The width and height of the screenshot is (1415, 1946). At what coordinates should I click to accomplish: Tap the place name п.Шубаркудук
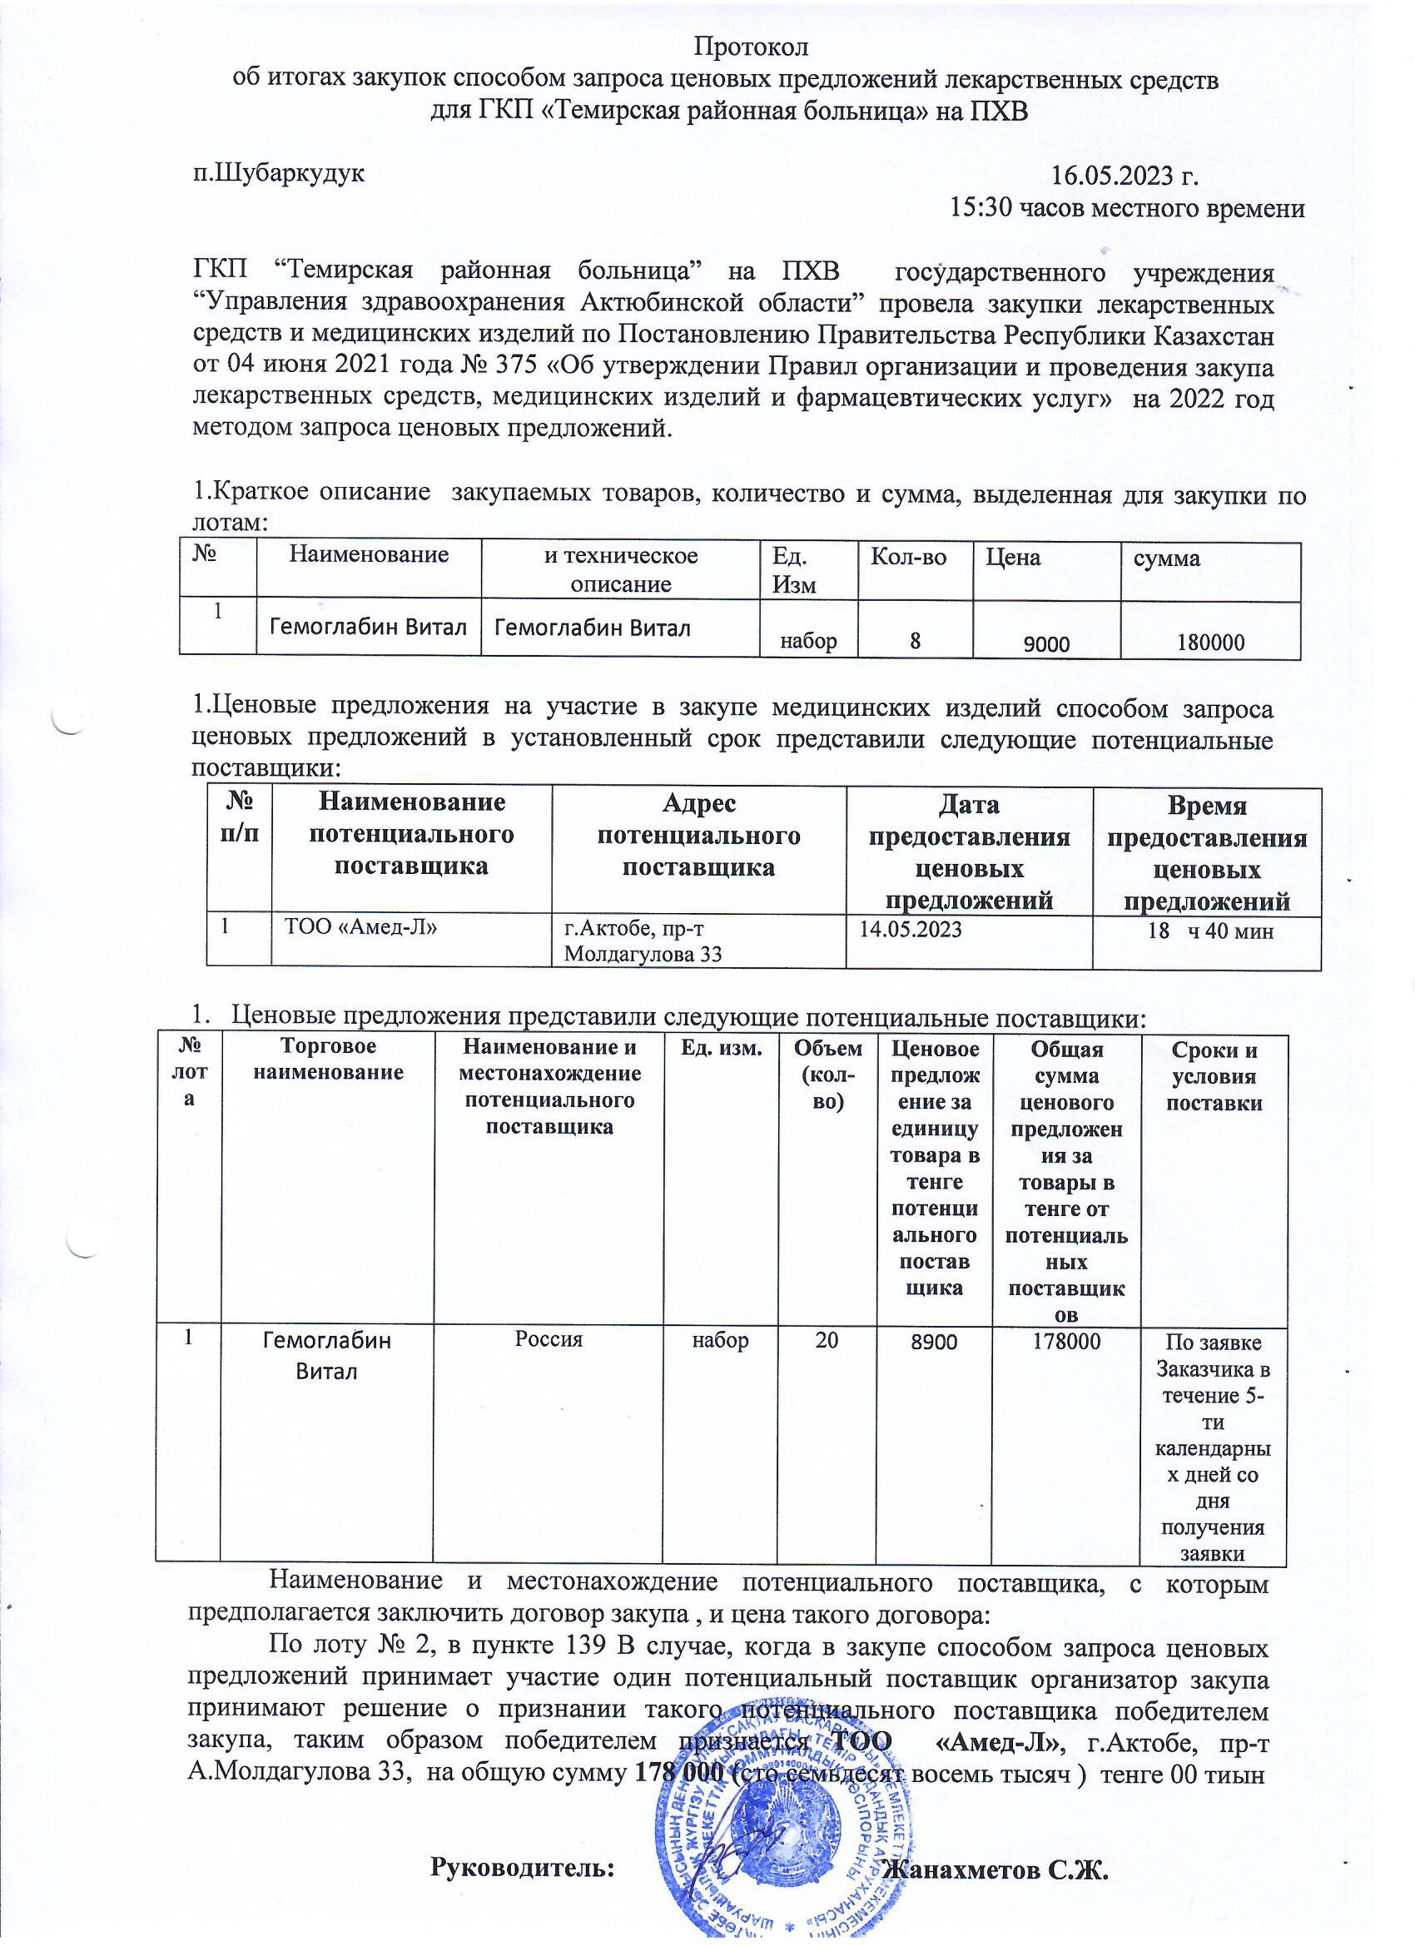point(279,172)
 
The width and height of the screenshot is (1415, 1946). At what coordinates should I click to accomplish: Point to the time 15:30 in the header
point(980,208)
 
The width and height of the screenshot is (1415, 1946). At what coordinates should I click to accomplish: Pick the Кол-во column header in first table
point(909,558)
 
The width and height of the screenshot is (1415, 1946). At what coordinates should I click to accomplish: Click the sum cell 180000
point(1210,642)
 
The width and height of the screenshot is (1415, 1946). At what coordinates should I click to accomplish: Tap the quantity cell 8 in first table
point(916,640)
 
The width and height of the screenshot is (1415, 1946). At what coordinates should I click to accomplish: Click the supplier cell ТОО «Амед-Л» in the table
point(355,927)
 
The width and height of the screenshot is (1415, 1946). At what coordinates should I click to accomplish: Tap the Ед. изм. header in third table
point(721,1049)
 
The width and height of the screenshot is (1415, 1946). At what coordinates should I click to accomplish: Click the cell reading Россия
point(549,1338)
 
